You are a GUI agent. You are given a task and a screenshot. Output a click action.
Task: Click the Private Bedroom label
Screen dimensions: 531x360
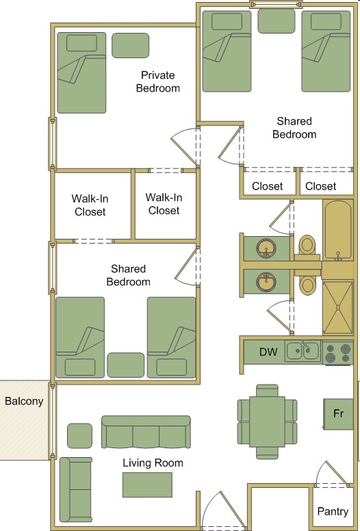(x=158, y=81)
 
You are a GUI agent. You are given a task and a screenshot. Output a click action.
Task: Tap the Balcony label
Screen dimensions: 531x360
(x=24, y=402)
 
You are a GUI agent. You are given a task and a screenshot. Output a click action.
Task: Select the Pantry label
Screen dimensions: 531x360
(x=333, y=511)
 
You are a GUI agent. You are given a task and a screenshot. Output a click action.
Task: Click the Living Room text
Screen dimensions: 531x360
(x=153, y=463)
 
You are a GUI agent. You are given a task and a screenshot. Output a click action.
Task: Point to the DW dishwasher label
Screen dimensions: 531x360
(x=268, y=352)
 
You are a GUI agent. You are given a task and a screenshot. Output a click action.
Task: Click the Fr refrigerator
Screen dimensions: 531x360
(x=338, y=414)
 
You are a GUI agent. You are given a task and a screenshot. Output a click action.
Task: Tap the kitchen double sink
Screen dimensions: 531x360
(x=303, y=351)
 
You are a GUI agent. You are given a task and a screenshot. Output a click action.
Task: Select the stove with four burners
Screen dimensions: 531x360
(x=337, y=352)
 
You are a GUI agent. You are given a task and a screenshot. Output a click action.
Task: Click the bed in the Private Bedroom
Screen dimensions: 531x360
(x=81, y=73)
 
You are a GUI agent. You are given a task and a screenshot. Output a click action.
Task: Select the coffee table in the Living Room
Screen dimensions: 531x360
(x=147, y=484)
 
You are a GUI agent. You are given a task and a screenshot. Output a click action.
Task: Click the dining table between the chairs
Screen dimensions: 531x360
(x=268, y=421)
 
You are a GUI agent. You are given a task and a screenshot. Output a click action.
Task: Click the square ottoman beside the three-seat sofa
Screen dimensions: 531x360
(x=79, y=436)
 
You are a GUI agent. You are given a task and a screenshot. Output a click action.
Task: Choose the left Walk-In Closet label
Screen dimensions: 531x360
(x=90, y=205)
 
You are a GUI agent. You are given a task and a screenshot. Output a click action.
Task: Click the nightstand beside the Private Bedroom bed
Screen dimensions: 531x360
(x=130, y=45)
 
